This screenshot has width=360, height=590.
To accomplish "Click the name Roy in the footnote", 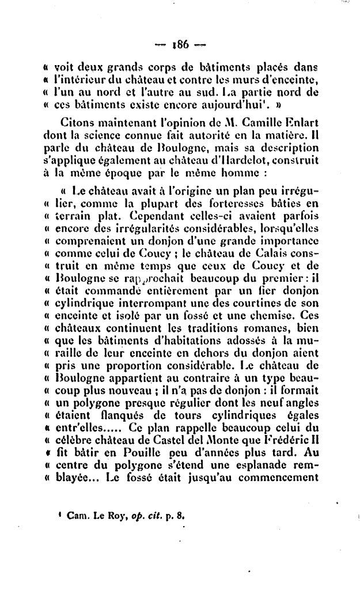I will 107,516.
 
